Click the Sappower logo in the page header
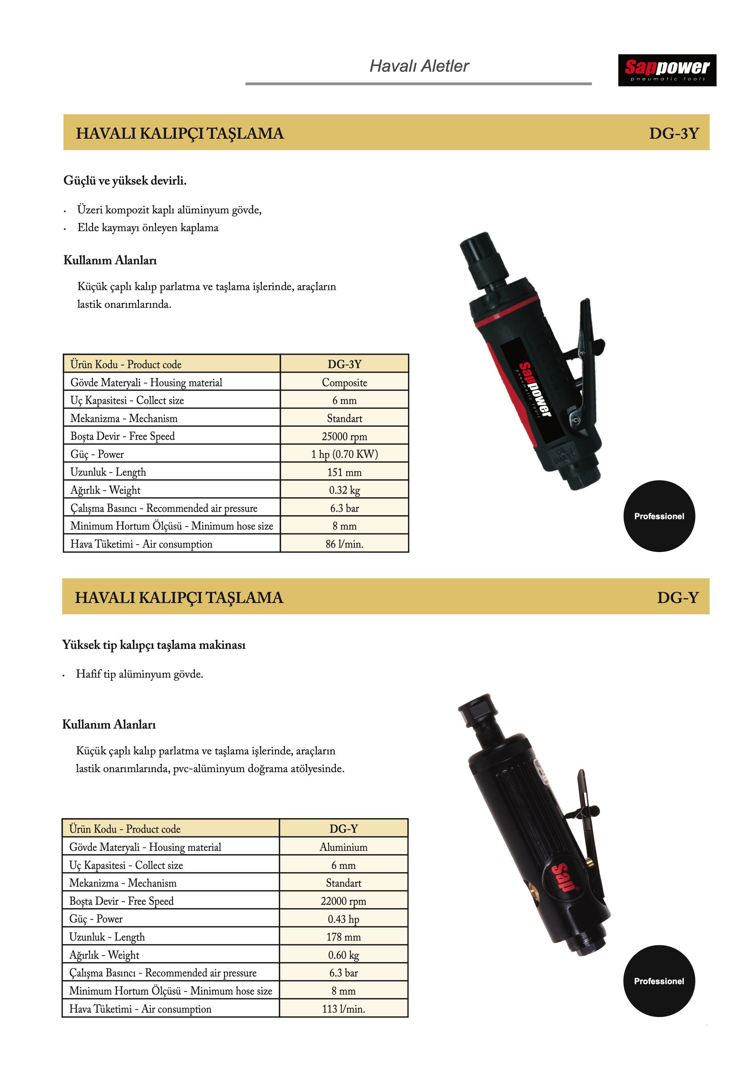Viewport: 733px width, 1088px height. click(667, 70)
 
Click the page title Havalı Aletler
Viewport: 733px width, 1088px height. click(419, 66)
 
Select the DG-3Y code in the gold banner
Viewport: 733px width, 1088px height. click(674, 133)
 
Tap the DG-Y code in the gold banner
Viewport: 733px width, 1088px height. click(677, 598)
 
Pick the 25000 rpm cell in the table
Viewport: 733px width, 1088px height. click(344, 436)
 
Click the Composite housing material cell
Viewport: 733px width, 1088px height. click(344, 383)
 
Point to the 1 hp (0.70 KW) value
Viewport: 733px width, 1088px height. click(344, 454)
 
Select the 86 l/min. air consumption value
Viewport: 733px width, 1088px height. click(344, 544)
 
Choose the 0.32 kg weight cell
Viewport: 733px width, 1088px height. click(344, 490)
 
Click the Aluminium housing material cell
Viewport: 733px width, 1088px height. click(344, 847)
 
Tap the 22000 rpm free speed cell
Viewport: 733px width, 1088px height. click(344, 901)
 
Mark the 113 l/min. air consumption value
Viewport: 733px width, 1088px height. click(344, 1009)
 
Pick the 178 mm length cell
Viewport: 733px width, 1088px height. click(344, 937)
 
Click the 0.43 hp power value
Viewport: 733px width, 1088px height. click(344, 919)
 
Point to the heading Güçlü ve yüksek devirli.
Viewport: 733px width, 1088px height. click(125, 181)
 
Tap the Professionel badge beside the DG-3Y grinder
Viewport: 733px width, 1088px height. click(659, 516)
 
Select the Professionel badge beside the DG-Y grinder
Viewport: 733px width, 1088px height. click(659, 981)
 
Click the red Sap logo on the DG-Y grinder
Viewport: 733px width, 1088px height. click(563, 878)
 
